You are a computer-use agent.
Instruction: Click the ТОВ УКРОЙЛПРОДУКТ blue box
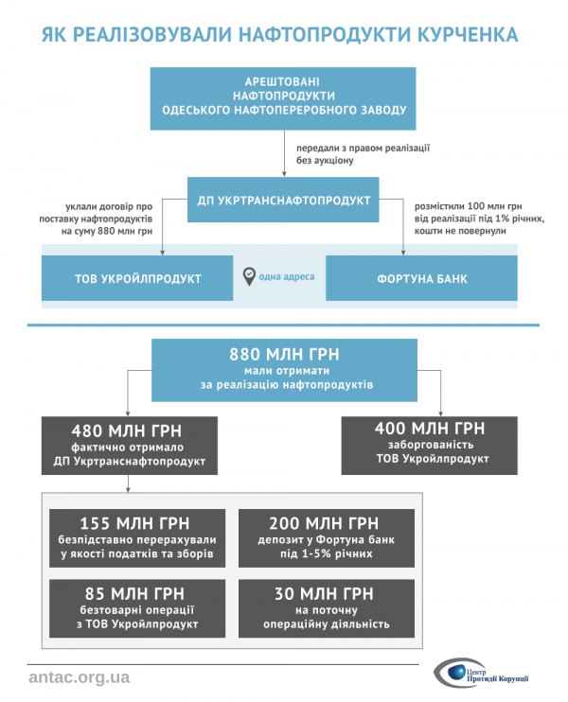pos(137,278)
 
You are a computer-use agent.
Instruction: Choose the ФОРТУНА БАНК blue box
pos(422,278)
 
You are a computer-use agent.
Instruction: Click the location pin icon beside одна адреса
pos(249,276)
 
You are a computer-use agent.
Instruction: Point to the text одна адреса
pos(287,277)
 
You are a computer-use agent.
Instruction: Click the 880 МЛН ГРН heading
pos(284,355)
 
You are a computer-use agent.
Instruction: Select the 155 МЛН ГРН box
pos(137,537)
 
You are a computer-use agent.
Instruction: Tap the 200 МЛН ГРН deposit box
pos(326,537)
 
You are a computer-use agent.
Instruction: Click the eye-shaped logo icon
pos(452,675)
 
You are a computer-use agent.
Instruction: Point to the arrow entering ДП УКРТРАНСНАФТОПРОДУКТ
pos(284,171)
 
